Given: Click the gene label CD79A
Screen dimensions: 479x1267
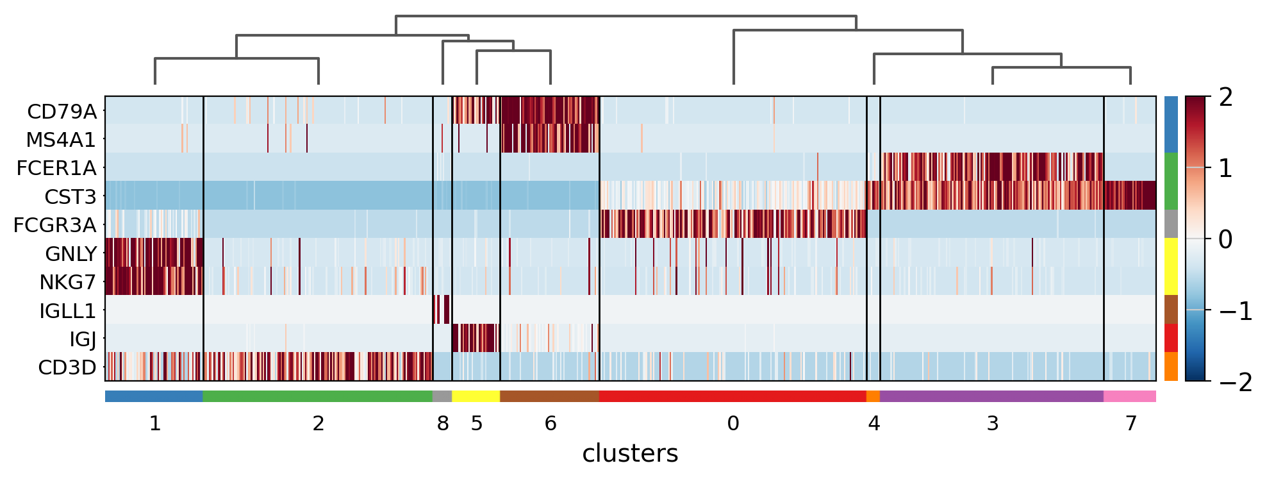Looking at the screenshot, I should pyautogui.click(x=62, y=112).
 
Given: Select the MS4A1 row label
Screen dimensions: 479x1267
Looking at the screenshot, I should pyautogui.click(x=61, y=140).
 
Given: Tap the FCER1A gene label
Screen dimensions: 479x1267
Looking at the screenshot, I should pyautogui.click(x=56, y=168).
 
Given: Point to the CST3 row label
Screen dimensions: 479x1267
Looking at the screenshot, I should pyautogui.click(x=70, y=197).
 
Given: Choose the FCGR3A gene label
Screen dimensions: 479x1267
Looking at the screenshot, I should pyautogui.click(x=55, y=225).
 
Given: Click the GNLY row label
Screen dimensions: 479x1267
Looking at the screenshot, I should pyautogui.click(x=70, y=254).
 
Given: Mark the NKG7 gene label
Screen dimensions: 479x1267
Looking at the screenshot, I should pyautogui.click(x=68, y=282).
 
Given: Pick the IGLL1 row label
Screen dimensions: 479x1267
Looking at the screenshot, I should pyautogui.click(x=67, y=311).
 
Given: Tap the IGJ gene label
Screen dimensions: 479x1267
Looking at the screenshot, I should pyautogui.click(x=83, y=339).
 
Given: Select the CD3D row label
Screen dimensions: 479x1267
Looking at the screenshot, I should pyautogui.click(x=67, y=367).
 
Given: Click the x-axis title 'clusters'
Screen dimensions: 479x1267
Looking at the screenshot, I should pyautogui.click(x=630, y=453).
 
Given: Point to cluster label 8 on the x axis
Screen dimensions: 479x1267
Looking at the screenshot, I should pyautogui.click(x=443, y=424).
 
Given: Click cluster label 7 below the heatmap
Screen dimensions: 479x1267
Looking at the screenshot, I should pyautogui.click(x=1131, y=424).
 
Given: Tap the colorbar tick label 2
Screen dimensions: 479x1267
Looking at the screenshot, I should pyautogui.click(x=1225, y=97).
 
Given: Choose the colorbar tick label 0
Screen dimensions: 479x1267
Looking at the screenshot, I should pyautogui.click(x=1225, y=240).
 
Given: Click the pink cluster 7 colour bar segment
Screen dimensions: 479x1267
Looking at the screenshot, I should pyautogui.click(x=1130, y=396).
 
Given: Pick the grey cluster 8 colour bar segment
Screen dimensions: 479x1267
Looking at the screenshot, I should pyautogui.click(x=442, y=396).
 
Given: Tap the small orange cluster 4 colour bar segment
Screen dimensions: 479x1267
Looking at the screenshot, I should pyautogui.click(x=873, y=396).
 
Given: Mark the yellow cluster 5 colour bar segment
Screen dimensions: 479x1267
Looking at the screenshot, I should pyautogui.click(x=476, y=396).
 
